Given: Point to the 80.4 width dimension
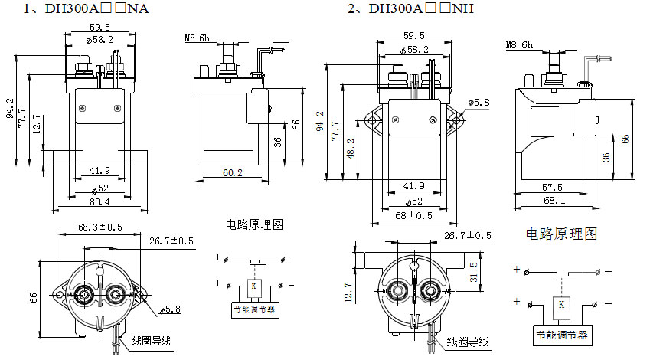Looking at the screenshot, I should (x=98, y=202).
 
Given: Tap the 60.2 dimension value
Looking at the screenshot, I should (x=230, y=174).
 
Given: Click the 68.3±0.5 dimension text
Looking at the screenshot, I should (x=100, y=227).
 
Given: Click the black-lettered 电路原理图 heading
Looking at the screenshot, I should (x=255, y=225).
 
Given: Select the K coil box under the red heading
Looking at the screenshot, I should (x=562, y=303).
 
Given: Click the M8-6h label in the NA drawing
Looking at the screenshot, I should (x=198, y=38).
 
